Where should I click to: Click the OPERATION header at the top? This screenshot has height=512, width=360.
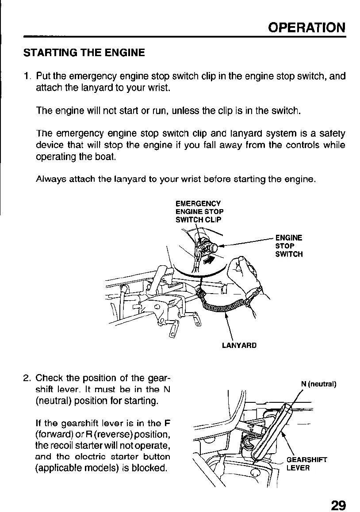pos(307,27)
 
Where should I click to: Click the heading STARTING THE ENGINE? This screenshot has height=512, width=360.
pos(84,53)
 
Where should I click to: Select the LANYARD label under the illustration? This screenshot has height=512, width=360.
pos(239,345)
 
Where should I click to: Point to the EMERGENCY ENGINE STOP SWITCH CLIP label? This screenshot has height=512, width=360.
pos(198,211)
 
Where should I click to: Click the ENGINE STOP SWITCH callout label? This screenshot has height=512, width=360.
pos(289,246)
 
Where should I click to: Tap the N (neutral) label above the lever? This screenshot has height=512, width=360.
pos(319,383)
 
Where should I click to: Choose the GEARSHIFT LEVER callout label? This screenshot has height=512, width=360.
pos(306,463)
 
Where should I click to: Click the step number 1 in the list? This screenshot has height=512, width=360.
pos(26,76)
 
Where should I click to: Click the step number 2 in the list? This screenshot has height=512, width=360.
pos(26,378)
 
